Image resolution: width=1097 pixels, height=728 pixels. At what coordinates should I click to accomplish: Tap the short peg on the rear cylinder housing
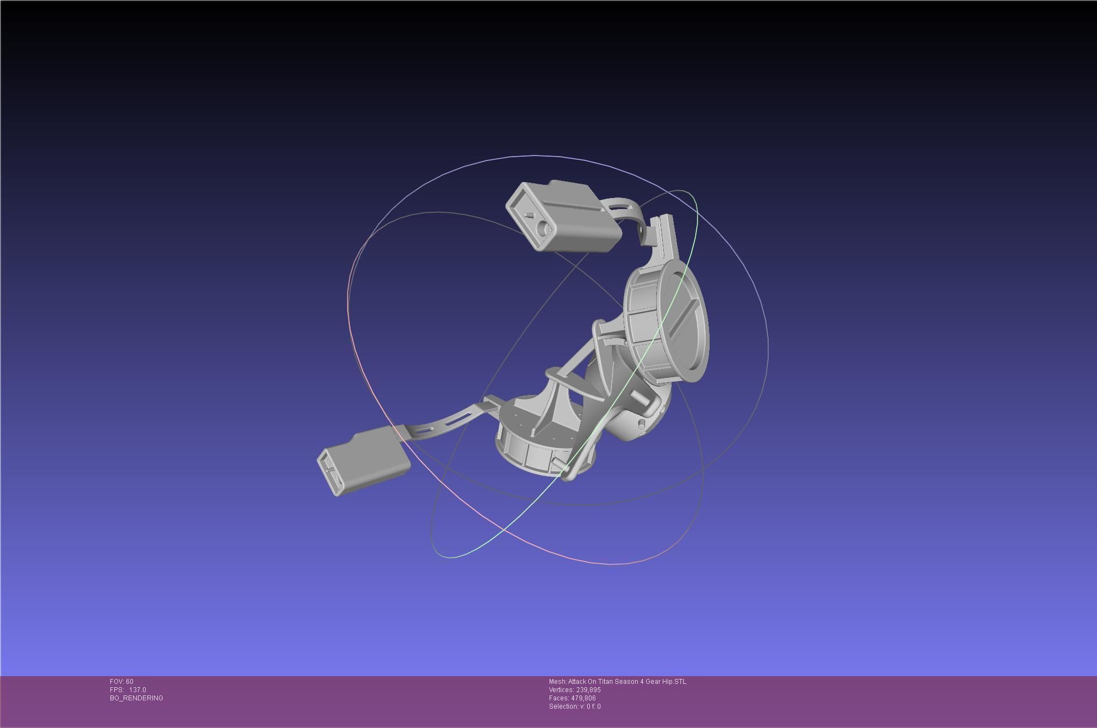(x=642, y=425)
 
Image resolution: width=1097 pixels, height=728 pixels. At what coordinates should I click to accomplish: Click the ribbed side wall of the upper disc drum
(x=643, y=325)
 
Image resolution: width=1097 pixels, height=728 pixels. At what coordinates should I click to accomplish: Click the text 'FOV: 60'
(x=121, y=682)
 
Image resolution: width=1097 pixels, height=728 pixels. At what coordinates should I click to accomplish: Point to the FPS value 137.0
(x=137, y=690)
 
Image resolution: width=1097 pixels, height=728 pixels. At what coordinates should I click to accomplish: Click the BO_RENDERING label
(x=136, y=698)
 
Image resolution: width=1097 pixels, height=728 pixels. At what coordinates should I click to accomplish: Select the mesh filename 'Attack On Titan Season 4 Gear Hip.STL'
(x=627, y=682)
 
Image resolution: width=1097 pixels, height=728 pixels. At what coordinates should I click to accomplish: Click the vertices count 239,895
(x=587, y=690)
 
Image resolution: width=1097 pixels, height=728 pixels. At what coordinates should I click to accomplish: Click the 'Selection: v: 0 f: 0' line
(x=574, y=706)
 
